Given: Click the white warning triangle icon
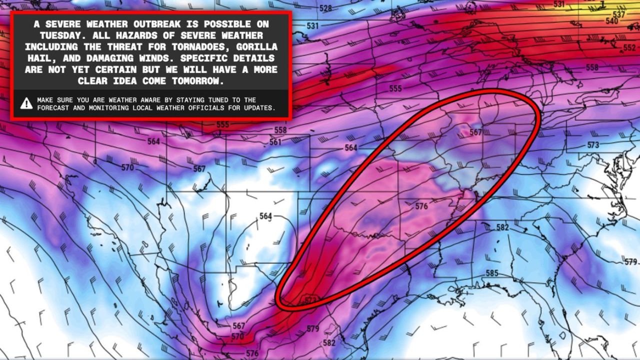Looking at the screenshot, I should coord(26,103).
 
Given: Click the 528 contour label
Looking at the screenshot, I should coord(325,8).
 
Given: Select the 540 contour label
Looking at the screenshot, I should coord(611,21).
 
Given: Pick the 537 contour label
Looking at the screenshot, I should coord(618,14).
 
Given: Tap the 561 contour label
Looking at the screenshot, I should coord(275,142).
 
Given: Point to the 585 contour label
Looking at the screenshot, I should coord(492,273).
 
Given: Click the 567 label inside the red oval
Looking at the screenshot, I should coord(475,132).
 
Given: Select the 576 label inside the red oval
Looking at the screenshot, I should coord(421,206).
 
